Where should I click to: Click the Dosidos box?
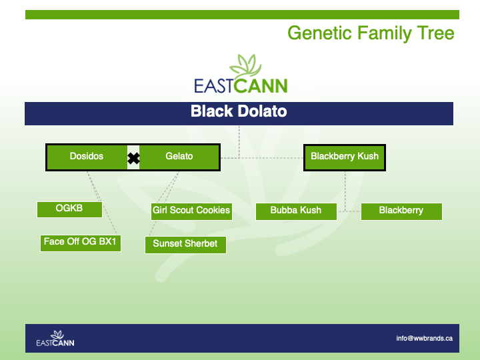tap(87, 157)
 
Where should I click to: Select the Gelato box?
tap(179, 157)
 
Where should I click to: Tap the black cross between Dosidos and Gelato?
tap(133, 158)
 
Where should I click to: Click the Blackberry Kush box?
tap(345, 157)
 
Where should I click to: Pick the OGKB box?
tap(69, 209)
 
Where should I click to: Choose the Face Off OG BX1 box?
tap(81, 243)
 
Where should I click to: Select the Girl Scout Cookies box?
tap(191, 211)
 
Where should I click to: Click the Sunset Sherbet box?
tap(185, 245)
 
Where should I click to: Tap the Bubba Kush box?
tap(296, 211)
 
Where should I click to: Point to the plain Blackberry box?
tap(401, 211)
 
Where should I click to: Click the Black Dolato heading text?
tap(239, 111)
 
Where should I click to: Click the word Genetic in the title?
tap(319, 34)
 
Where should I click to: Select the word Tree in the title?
tap(435, 33)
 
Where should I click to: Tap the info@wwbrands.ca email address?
tap(424, 338)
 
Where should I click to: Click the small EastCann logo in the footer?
tap(55, 338)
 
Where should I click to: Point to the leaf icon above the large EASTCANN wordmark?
tap(245, 66)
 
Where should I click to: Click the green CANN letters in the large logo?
tap(261, 86)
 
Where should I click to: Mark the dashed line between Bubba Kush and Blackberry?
tap(349, 211)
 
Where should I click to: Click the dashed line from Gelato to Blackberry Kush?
tap(262, 158)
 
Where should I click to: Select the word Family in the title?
tap(384, 34)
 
